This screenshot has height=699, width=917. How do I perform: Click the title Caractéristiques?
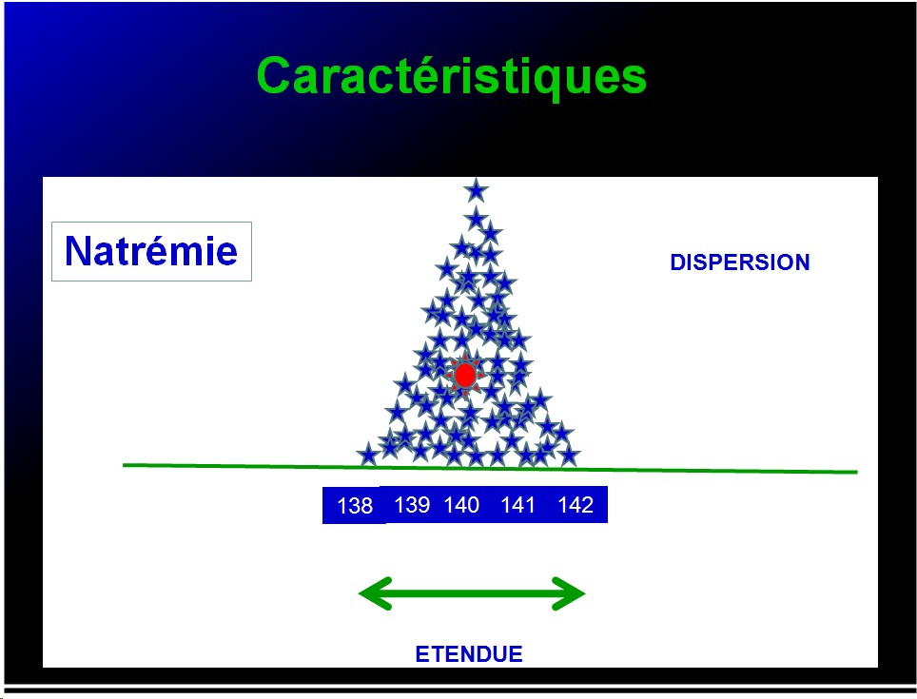click(x=452, y=77)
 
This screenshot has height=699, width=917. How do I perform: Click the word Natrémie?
click(x=151, y=251)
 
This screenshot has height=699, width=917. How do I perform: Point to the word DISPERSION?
click(x=740, y=262)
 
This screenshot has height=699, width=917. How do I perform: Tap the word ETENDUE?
click(x=469, y=654)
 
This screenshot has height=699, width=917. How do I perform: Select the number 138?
click(x=355, y=505)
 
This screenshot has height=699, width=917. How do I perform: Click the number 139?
click(x=412, y=504)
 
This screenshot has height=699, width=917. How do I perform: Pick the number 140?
click(x=461, y=504)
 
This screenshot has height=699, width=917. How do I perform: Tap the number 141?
click(x=518, y=504)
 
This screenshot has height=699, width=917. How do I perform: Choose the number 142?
click(x=576, y=504)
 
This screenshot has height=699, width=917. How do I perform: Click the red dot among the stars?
click(x=465, y=376)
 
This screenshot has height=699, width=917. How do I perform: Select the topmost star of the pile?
click(x=476, y=190)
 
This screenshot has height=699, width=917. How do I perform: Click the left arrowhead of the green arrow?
click(x=376, y=593)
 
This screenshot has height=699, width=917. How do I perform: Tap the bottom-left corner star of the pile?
click(x=368, y=455)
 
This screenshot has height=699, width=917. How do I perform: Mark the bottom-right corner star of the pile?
click(x=569, y=455)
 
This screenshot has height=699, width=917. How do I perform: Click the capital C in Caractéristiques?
click(x=277, y=76)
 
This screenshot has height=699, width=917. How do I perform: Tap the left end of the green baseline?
click(x=124, y=465)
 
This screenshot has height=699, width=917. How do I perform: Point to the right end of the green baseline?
click(x=857, y=472)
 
